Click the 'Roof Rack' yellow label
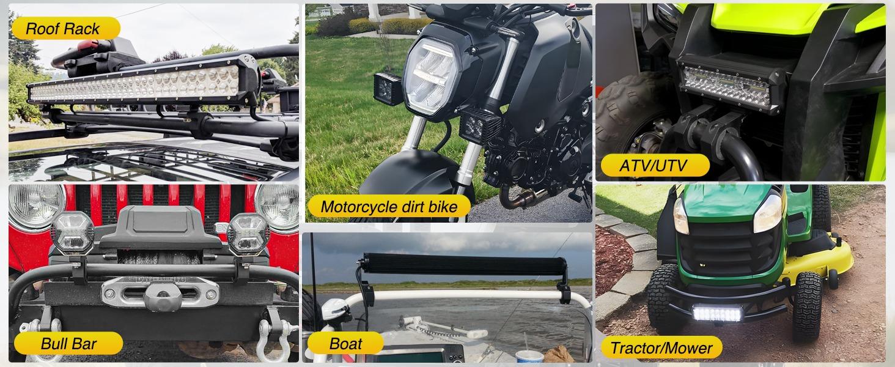(64, 28)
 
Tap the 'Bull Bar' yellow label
(68, 344)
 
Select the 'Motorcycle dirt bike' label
(389, 207)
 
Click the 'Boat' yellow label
(345, 344)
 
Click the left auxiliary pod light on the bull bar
(72, 232)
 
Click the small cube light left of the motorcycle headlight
(386, 89)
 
